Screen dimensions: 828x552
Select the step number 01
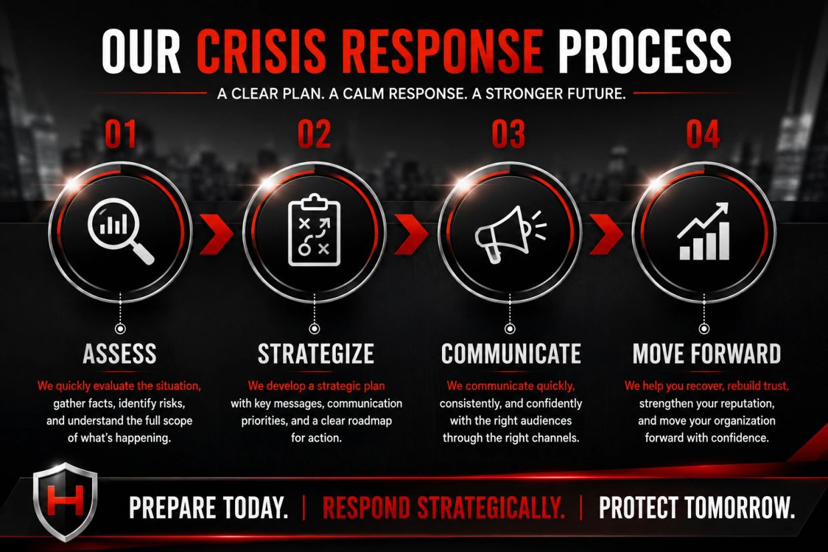(x=120, y=133)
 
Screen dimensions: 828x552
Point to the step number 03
(x=508, y=133)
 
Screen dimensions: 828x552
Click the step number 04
(x=702, y=133)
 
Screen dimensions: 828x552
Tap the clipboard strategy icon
(x=315, y=230)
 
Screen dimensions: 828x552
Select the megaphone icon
(x=510, y=234)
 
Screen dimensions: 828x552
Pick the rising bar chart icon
(x=704, y=232)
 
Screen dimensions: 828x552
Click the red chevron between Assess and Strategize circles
(x=216, y=234)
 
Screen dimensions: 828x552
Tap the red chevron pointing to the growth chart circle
(x=606, y=234)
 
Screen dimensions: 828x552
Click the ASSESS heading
(x=120, y=354)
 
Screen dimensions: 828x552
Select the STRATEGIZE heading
(x=316, y=354)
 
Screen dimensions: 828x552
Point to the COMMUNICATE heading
(x=511, y=354)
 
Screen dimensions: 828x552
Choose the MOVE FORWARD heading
(x=706, y=354)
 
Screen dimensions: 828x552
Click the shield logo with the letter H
(x=65, y=501)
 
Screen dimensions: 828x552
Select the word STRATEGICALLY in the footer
(x=491, y=508)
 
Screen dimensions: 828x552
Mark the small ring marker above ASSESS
(x=120, y=328)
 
